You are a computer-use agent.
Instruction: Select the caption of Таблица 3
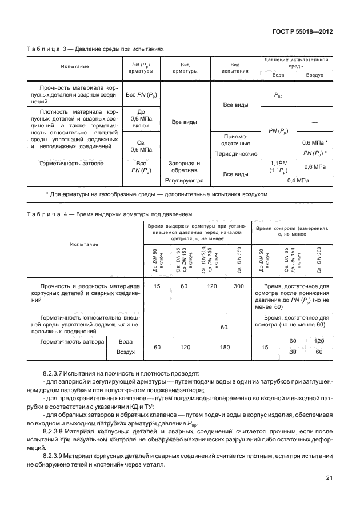[95, 49]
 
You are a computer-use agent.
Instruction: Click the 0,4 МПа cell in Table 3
[298, 180]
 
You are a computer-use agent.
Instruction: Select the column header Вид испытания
[235, 67]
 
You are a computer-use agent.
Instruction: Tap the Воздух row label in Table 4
[125, 353]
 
